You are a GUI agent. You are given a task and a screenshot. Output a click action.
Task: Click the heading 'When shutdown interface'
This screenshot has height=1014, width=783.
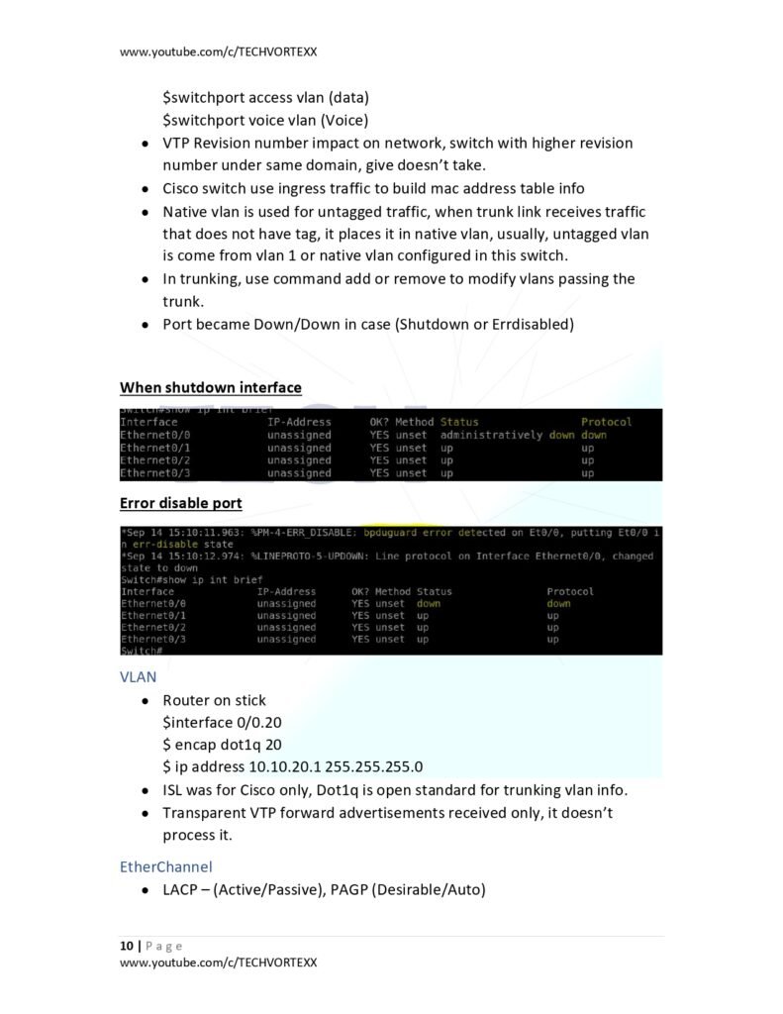tap(210, 387)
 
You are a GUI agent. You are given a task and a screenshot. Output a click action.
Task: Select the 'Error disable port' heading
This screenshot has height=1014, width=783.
tap(180, 503)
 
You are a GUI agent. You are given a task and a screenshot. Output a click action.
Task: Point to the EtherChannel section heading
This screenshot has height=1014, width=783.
tap(165, 866)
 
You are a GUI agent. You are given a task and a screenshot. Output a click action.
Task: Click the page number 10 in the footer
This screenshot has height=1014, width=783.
tap(127, 946)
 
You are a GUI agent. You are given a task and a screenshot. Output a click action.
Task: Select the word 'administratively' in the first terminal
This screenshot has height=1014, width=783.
tap(492, 435)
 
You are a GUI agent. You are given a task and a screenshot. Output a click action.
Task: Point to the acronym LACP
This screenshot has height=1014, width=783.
tap(182, 889)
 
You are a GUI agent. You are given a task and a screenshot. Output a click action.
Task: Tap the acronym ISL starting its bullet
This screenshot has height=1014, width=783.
tap(174, 790)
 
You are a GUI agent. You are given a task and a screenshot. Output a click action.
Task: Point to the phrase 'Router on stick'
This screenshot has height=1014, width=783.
tap(214, 700)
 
